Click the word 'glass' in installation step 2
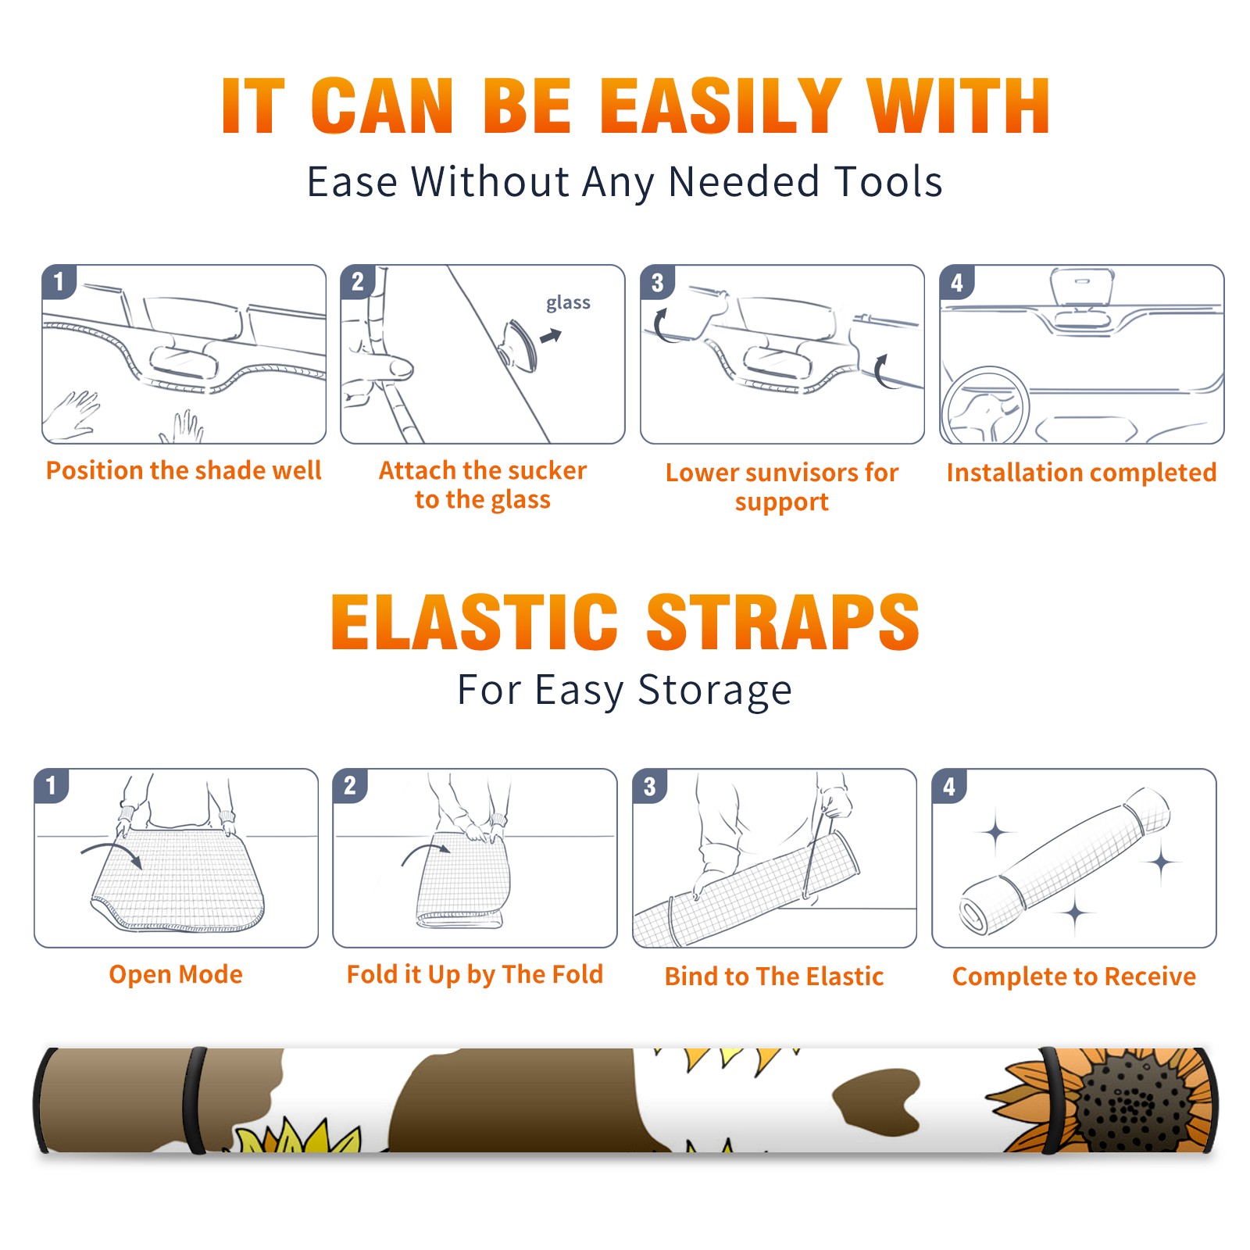coord(568,303)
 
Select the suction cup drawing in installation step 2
coord(519,344)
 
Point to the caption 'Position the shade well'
coord(184,470)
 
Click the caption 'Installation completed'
coord(1081,473)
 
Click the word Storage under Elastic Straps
coord(715,691)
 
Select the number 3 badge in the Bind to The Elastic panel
coord(650,786)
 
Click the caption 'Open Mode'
coord(176,974)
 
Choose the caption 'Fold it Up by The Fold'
coord(475,974)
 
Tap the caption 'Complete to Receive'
coord(1074,977)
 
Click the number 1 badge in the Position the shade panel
coord(59,281)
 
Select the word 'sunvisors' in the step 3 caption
coord(801,473)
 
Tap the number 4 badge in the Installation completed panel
coord(957,282)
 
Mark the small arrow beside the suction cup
coord(552,336)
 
